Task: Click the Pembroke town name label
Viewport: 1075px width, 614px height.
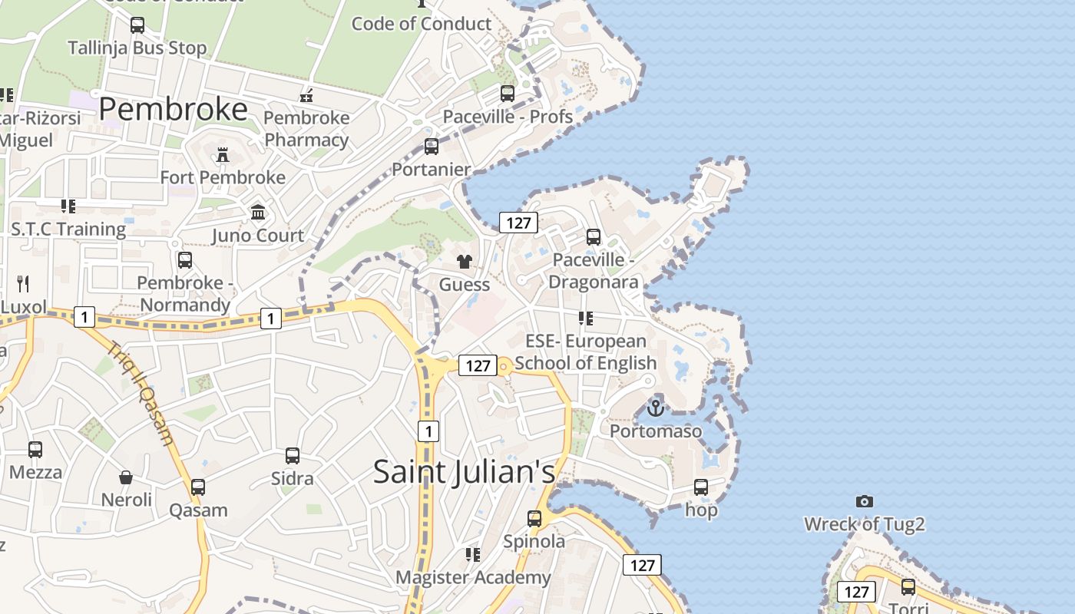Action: pyautogui.click(x=173, y=110)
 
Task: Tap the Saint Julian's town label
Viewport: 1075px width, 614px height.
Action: pyautogui.click(x=464, y=471)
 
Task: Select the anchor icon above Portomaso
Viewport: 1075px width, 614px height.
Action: pyautogui.click(x=656, y=408)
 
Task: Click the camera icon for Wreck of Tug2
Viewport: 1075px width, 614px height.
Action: pyautogui.click(x=865, y=501)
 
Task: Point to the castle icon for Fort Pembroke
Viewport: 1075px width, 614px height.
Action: pyautogui.click(x=223, y=154)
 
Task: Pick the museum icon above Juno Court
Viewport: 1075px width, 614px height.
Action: pyautogui.click(x=258, y=212)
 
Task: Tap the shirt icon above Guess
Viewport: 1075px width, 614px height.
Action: pyautogui.click(x=464, y=262)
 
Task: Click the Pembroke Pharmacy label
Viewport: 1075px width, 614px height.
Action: pyautogui.click(x=306, y=129)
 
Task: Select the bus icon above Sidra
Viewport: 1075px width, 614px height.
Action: pyautogui.click(x=293, y=455)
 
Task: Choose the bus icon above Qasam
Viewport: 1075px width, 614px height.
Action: pyautogui.click(x=198, y=487)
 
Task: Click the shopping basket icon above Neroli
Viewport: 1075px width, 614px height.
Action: pyautogui.click(x=126, y=477)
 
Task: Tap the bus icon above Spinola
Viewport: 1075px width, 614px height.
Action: pyautogui.click(x=534, y=518)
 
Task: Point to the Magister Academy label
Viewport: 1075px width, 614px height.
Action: pyautogui.click(x=473, y=577)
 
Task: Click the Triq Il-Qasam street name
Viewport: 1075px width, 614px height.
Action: pyautogui.click(x=141, y=393)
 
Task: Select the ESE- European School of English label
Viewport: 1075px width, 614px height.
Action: pyautogui.click(x=586, y=352)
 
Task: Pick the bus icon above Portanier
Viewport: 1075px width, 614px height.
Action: pyautogui.click(x=432, y=146)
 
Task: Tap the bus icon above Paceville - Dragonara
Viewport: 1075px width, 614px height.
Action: pyautogui.click(x=594, y=236)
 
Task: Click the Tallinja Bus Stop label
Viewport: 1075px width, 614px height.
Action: pyautogui.click(x=137, y=48)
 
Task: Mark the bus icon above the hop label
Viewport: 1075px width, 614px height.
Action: pyautogui.click(x=701, y=487)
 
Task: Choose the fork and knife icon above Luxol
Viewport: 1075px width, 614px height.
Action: pyautogui.click(x=23, y=284)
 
